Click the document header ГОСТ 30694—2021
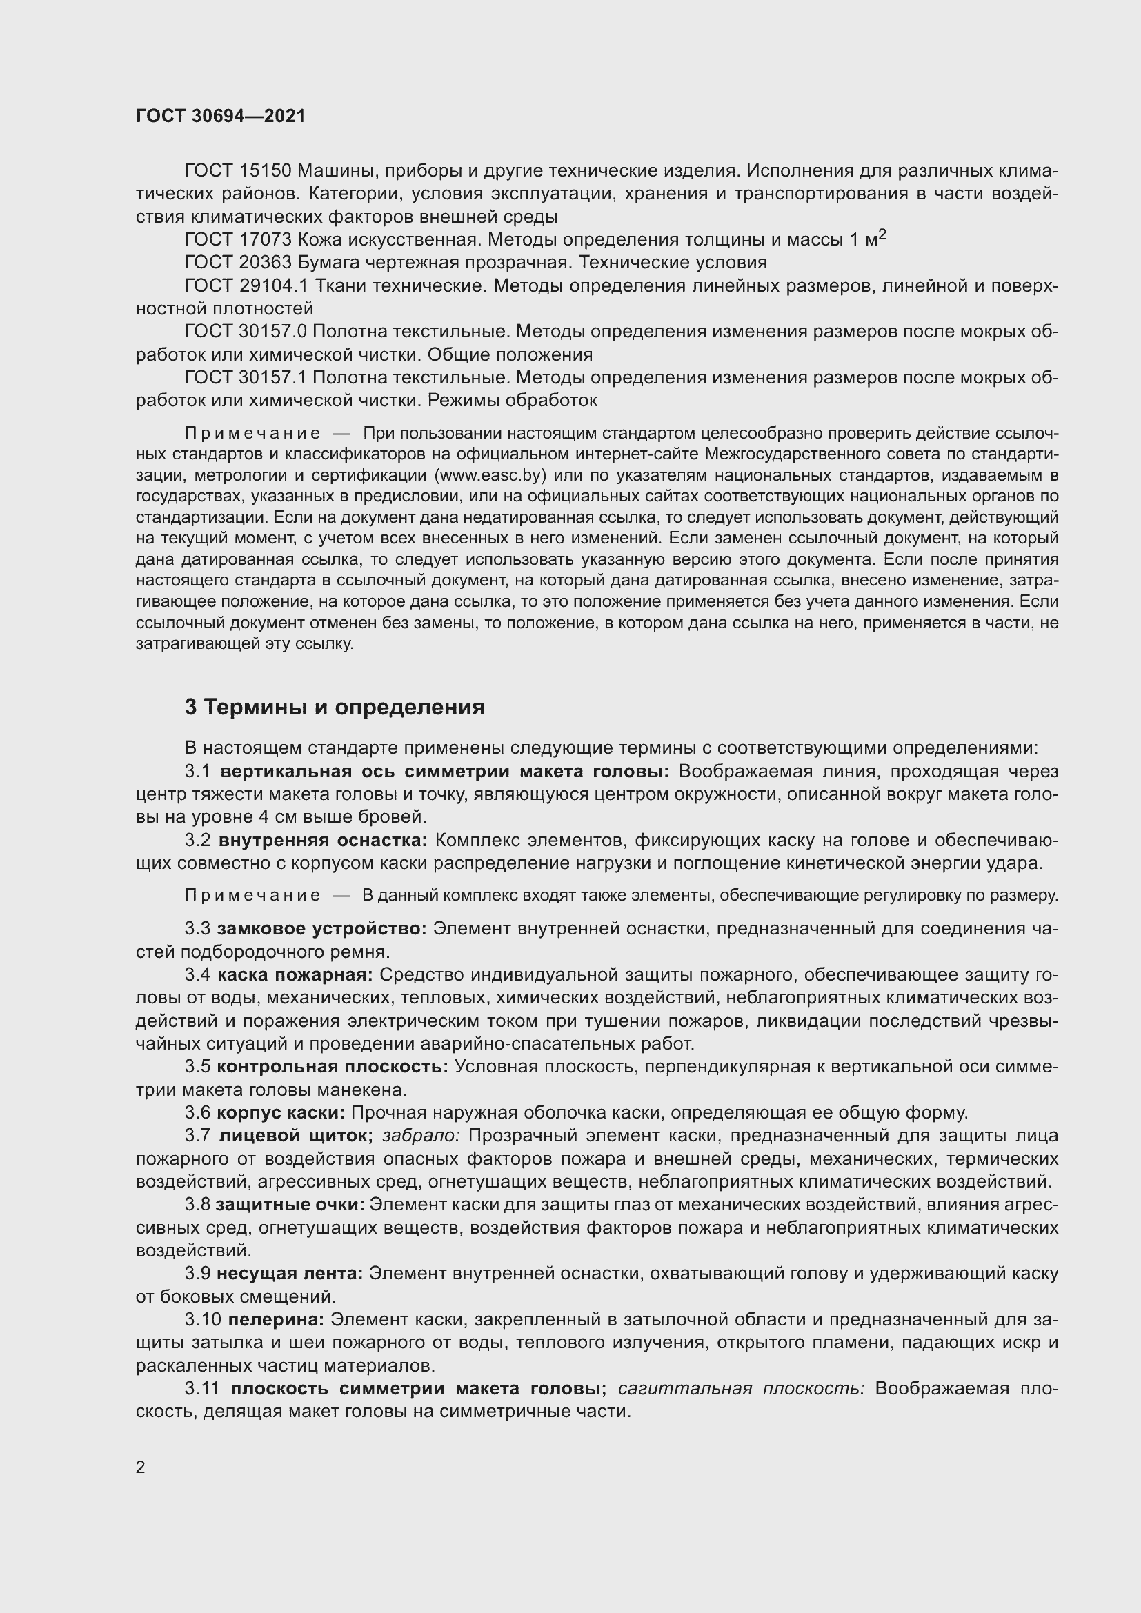221,116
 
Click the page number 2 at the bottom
141,1467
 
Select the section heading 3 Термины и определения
335,707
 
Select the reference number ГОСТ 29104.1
246,286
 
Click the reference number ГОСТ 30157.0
246,332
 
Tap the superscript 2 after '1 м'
882,234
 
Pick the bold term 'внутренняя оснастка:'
322,840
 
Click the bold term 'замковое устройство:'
321,929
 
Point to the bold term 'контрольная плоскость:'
333,1066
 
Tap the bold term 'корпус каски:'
280,1113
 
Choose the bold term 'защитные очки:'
290,1204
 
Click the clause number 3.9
197,1273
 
